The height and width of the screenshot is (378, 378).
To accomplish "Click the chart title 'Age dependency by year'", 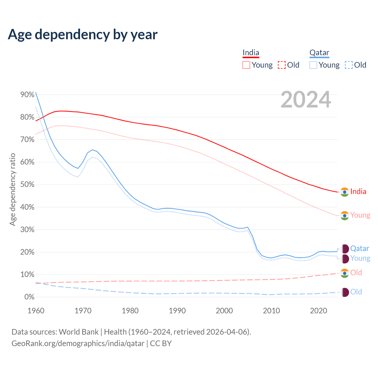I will click(83, 35).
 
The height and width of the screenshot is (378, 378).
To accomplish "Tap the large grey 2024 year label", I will click(306, 100).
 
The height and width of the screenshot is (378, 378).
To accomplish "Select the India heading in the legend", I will click(251, 53).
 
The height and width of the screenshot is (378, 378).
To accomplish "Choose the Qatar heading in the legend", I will click(319, 53).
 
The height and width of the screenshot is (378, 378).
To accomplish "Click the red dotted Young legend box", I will click(246, 65).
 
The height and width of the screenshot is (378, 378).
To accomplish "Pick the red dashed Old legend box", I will click(282, 65).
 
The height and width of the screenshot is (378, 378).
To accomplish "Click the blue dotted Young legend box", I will click(313, 65).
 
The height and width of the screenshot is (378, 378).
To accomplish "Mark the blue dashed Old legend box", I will click(349, 65).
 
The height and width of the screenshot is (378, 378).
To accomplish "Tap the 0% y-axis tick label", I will click(29, 297).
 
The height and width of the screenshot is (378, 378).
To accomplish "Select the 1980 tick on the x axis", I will click(130, 311).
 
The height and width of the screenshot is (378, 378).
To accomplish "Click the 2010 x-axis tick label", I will click(271, 311).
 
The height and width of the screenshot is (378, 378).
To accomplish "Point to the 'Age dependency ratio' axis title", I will click(12, 189).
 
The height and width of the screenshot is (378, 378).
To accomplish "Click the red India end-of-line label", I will click(358, 192).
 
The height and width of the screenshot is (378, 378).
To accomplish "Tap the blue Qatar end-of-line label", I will click(359, 249).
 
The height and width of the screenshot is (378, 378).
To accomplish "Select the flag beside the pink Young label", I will click(345, 216).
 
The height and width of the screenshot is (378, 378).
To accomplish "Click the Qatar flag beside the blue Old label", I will click(345, 292).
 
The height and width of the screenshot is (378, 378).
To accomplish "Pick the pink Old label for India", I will click(356, 273).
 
